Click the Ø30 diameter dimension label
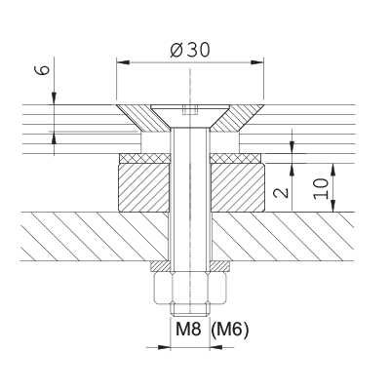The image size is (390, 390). click(190, 50)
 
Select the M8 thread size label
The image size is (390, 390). click(188, 331)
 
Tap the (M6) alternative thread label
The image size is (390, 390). click(230, 331)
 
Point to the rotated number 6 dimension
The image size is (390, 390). click(44, 70)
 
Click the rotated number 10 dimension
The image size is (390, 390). click(321, 188)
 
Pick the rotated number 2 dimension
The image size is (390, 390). click(282, 192)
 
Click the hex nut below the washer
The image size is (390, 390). click(190, 289)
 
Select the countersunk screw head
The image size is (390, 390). click(190, 116)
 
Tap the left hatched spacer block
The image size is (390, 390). click(144, 188)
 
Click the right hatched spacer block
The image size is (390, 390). click(238, 188)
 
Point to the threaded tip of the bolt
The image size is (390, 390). click(190, 310)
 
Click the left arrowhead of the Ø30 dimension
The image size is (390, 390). click(123, 62)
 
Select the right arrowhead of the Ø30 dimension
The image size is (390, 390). click(256, 62)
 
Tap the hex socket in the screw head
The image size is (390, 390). click(190, 110)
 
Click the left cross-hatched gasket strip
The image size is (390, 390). click(144, 158)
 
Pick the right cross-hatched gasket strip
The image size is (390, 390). click(236, 158)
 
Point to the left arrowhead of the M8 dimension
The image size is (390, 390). click(164, 347)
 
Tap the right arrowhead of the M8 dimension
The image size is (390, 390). click(216, 347)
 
